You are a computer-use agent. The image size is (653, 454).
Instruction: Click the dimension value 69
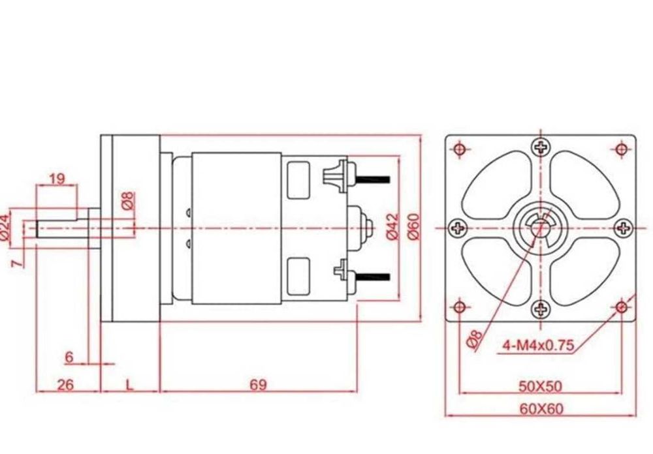[x=258, y=385]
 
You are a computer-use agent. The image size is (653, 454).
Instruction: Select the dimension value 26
[x=65, y=385]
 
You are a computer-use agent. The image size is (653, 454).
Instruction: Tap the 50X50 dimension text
[x=540, y=386]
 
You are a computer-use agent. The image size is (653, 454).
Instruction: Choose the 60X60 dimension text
[x=541, y=409]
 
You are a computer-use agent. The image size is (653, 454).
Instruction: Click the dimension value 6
[x=69, y=357]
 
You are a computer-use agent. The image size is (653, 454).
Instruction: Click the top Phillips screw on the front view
[x=540, y=147]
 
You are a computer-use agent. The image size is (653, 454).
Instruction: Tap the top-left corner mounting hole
[x=460, y=149]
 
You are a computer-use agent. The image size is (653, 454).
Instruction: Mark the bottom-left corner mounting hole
[x=460, y=307]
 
